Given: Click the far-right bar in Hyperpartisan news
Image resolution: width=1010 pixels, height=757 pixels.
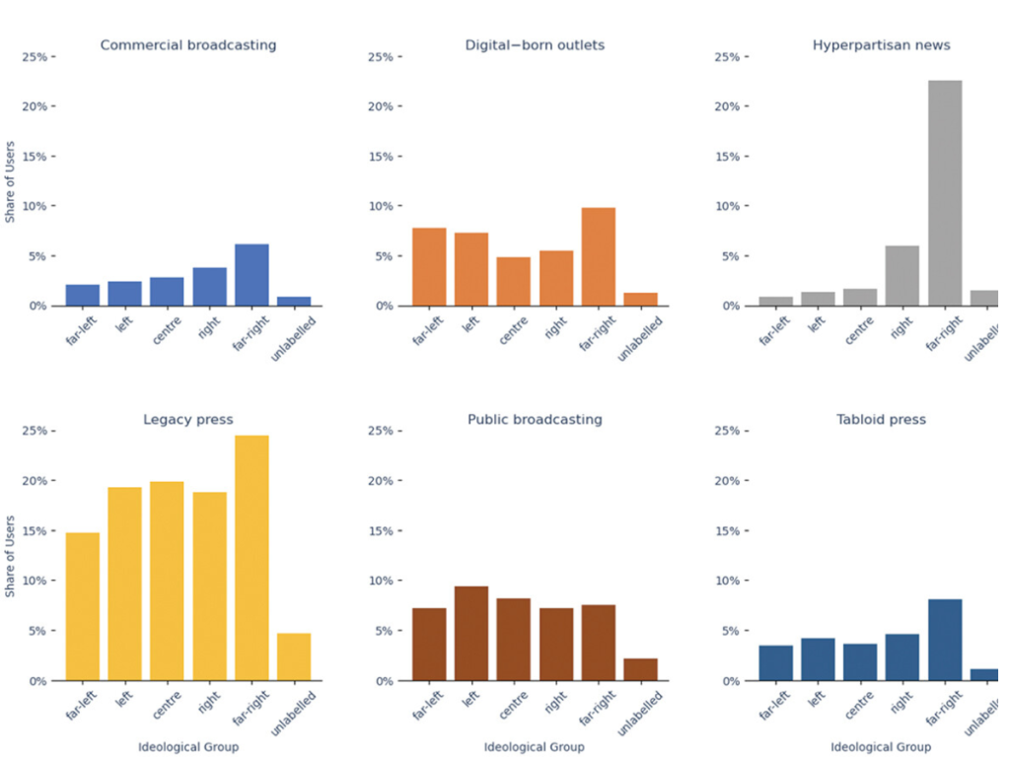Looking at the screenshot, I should (944, 193).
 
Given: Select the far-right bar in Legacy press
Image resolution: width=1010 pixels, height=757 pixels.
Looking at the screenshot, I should (252, 558).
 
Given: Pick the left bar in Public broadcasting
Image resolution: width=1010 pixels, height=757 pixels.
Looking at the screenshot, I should (471, 634).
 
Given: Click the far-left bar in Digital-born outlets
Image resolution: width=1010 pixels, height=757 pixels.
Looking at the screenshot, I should (429, 267).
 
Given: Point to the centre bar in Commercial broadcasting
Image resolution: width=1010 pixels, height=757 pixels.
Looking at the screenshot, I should (167, 292).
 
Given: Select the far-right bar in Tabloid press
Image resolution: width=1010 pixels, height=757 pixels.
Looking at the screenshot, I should (944, 640).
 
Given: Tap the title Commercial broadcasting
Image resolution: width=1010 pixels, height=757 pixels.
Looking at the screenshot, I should (188, 45).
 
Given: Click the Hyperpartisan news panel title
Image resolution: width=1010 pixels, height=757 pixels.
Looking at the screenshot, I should (881, 45).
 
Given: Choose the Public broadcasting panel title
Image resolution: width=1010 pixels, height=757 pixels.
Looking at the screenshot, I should (535, 420).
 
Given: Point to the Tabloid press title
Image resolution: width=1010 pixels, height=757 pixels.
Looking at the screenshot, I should (881, 420).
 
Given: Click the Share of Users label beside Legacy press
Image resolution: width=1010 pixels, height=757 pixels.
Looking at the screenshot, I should (11, 555).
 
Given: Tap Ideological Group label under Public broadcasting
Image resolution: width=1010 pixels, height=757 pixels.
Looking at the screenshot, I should (535, 747).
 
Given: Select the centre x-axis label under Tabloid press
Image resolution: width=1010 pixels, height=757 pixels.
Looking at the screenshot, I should (860, 702).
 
